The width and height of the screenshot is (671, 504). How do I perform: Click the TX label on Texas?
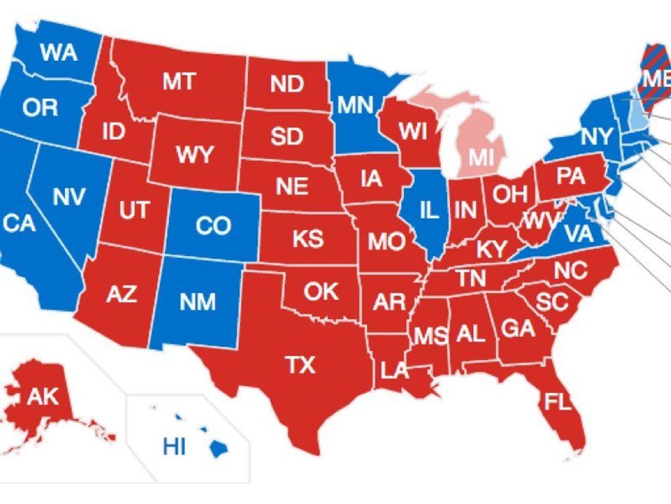(301, 365)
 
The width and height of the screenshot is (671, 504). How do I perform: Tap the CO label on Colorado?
(212, 226)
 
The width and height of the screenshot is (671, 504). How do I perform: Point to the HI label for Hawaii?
(175, 447)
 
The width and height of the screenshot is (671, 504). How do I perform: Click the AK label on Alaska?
(42, 396)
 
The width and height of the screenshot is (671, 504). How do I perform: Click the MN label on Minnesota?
(355, 105)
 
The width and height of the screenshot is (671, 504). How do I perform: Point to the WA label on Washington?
(58, 53)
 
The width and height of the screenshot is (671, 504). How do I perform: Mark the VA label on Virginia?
(579, 234)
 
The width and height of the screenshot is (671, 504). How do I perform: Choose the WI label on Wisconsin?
(414, 130)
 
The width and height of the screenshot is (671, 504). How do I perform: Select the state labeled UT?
(134, 210)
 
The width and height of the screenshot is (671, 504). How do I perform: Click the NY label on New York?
(597, 137)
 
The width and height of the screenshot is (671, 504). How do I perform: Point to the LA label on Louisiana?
(394, 372)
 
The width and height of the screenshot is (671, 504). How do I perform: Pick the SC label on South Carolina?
(553, 301)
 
